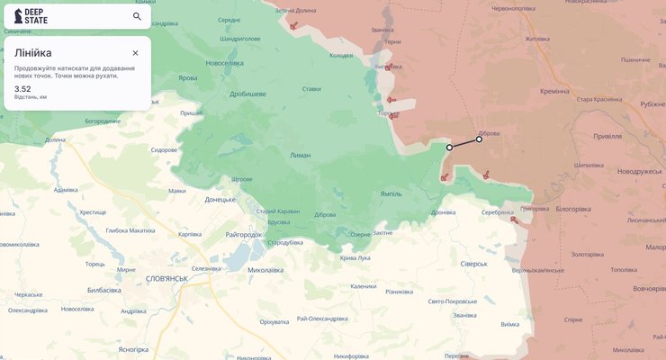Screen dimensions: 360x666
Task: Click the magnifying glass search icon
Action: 137,16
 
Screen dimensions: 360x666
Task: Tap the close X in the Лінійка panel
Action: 135,53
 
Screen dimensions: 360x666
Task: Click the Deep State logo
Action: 31,16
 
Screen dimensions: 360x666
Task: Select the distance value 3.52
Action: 22,89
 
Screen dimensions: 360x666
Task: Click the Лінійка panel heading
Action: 32,53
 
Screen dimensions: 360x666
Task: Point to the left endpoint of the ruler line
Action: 449,147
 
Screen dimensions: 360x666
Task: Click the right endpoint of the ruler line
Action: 479,139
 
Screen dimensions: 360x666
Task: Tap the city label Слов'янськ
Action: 166,279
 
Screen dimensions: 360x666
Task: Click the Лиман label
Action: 301,156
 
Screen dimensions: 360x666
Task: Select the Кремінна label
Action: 554,91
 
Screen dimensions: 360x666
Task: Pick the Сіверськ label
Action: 473,264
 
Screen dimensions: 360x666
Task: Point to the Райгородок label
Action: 243,234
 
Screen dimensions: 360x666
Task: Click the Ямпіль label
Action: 391,193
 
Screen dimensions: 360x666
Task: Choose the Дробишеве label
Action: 247,94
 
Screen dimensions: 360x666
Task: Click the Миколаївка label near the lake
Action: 272,268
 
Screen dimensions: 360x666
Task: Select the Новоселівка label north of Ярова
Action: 224,63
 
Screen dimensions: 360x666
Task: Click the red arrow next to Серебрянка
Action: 514,219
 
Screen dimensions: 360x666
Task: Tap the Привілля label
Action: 607,136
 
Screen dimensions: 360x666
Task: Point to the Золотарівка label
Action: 588,255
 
